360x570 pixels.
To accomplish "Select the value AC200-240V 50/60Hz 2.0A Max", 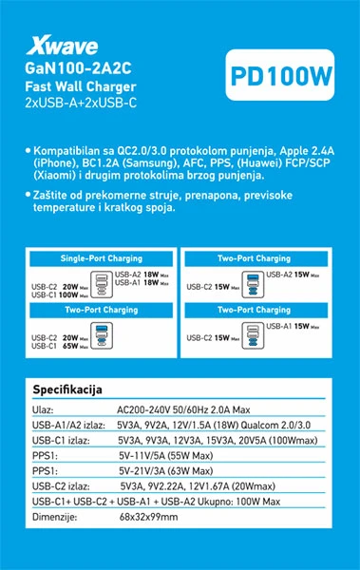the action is click(177, 408).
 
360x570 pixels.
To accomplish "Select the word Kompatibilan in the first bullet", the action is click(71, 151).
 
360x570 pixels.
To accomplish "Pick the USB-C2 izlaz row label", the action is click(60, 485).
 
